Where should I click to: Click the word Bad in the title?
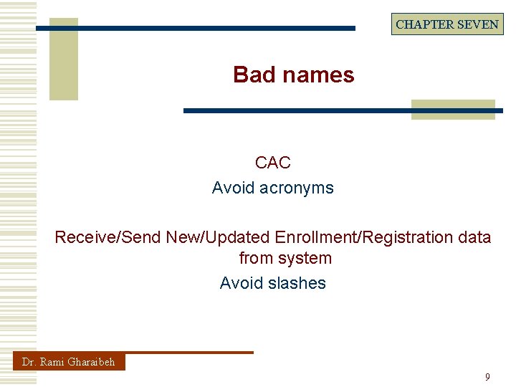249,75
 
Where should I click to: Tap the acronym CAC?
272,163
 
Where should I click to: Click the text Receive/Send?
108,236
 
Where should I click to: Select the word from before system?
255,258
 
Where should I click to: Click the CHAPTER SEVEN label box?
447,24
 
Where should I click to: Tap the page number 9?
487,377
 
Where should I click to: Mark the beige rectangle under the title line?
453,109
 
